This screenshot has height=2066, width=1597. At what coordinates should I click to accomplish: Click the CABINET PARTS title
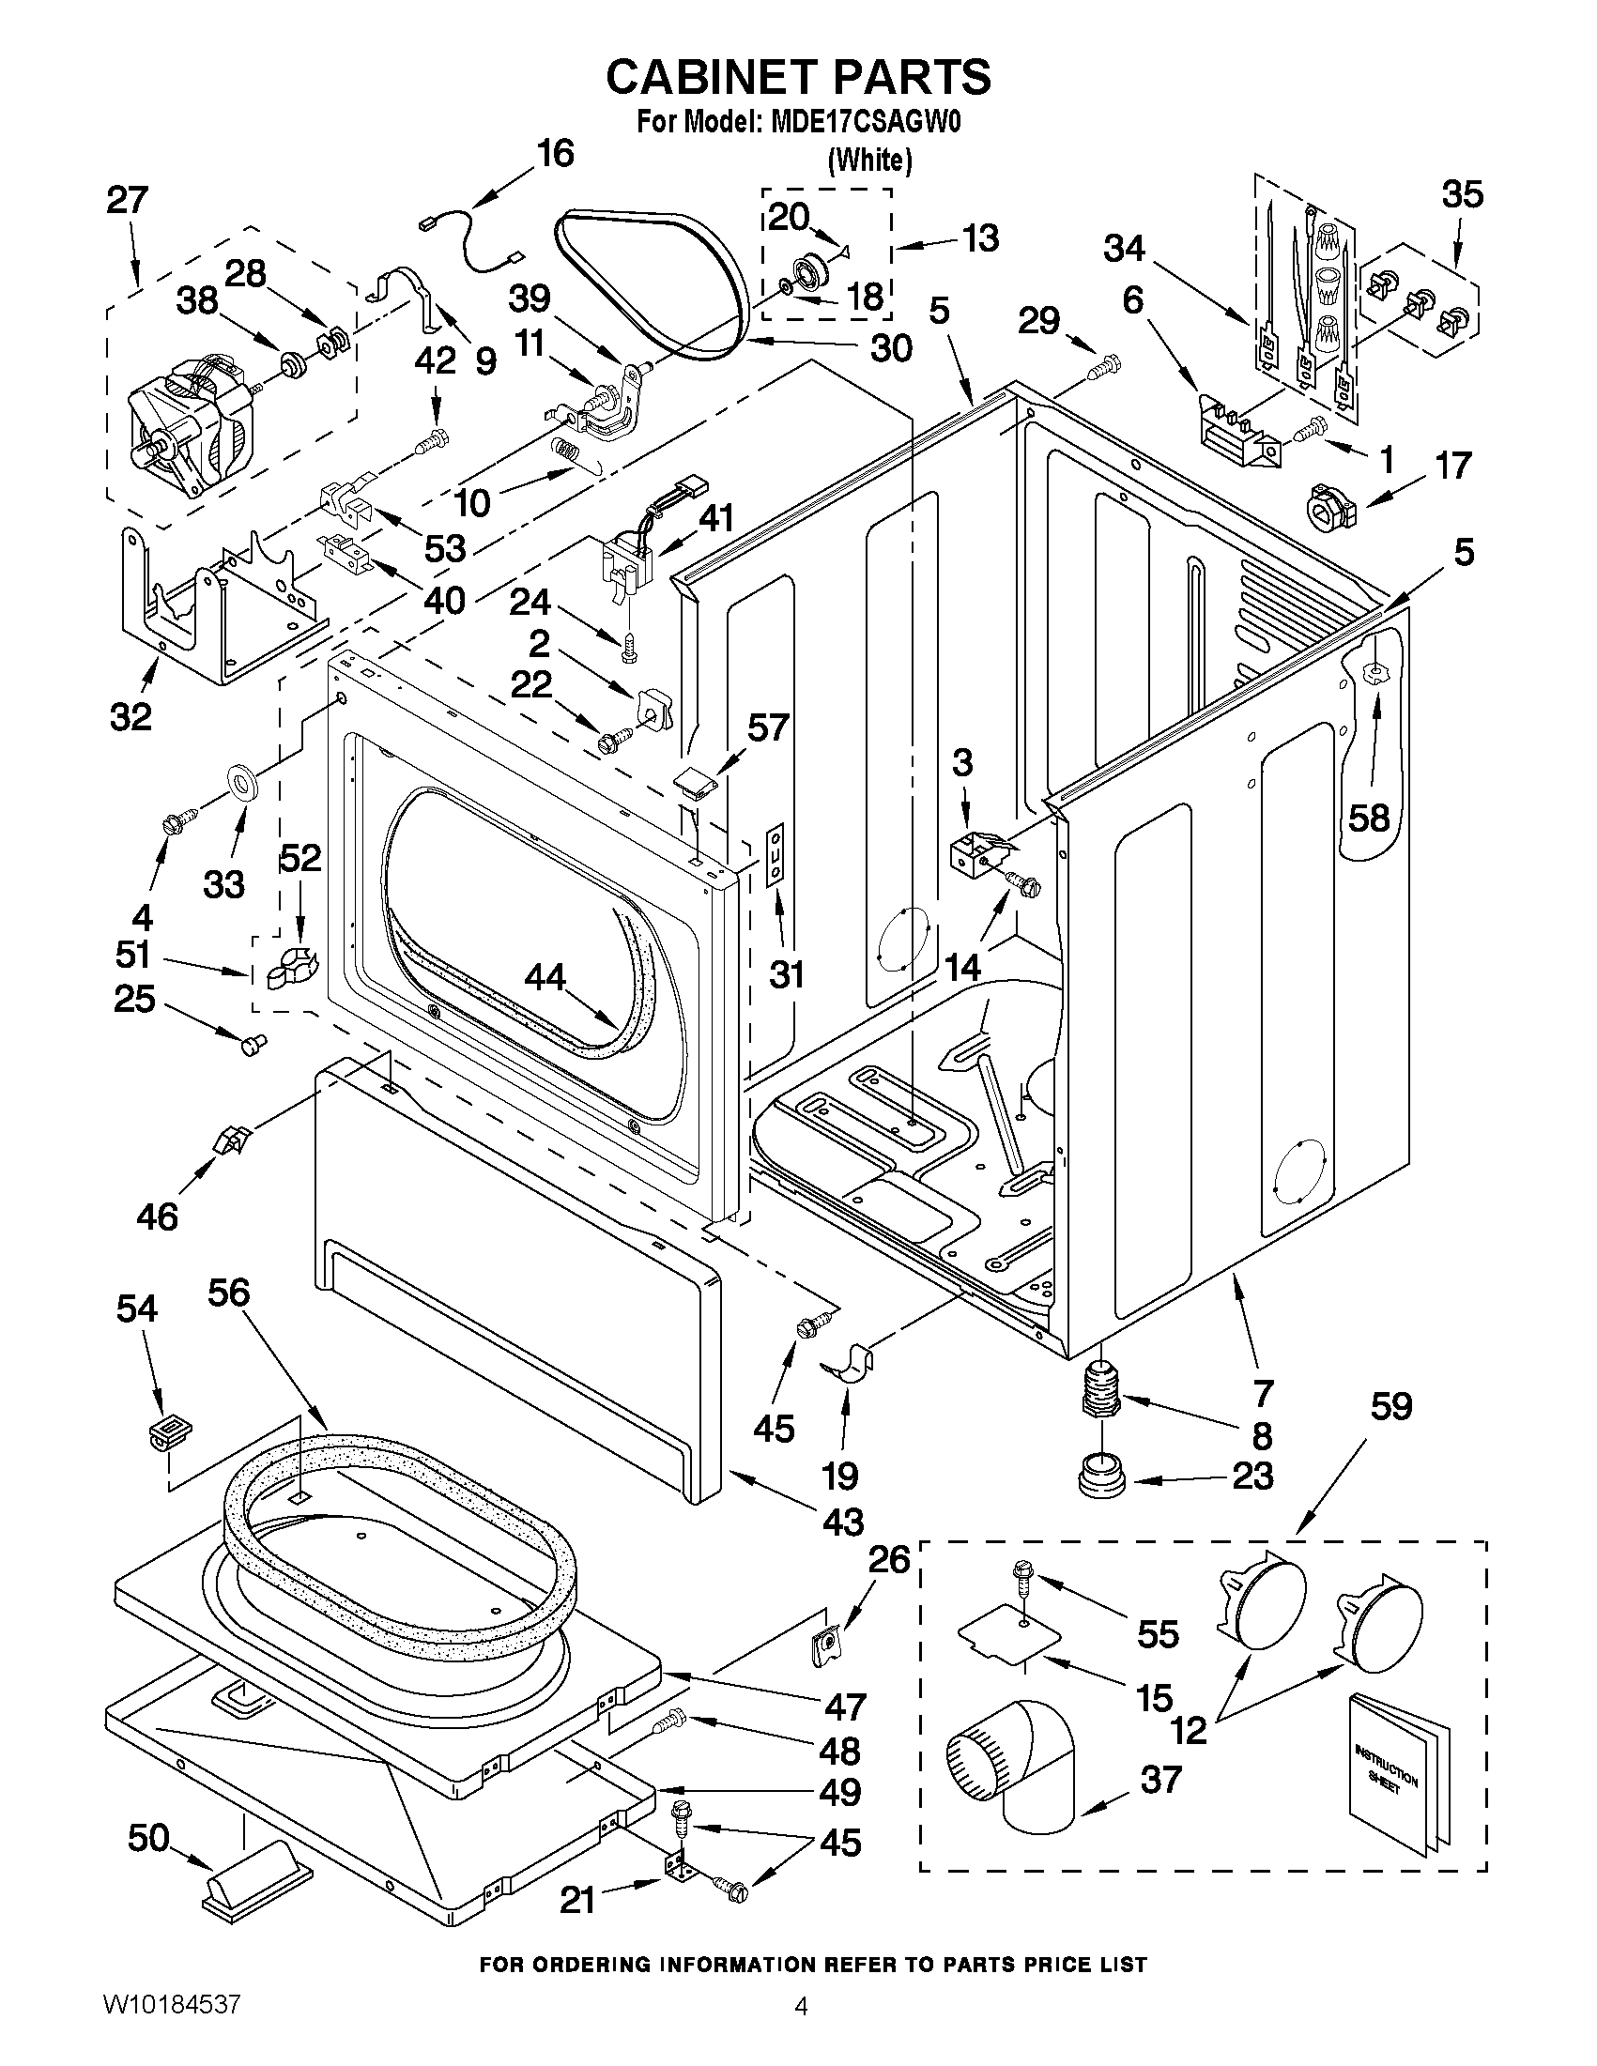pyautogui.click(x=797, y=77)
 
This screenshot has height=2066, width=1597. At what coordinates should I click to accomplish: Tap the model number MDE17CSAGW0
pyautogui.click(x=859, y=123)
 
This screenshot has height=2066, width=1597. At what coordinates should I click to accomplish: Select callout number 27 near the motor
pyautogui.click(x=128, y=201)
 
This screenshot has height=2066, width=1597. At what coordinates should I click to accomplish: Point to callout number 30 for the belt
pyautogui.click(x=890, y=347)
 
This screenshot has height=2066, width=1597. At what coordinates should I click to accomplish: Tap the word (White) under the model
pyautogui.click(x=869, y=161)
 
